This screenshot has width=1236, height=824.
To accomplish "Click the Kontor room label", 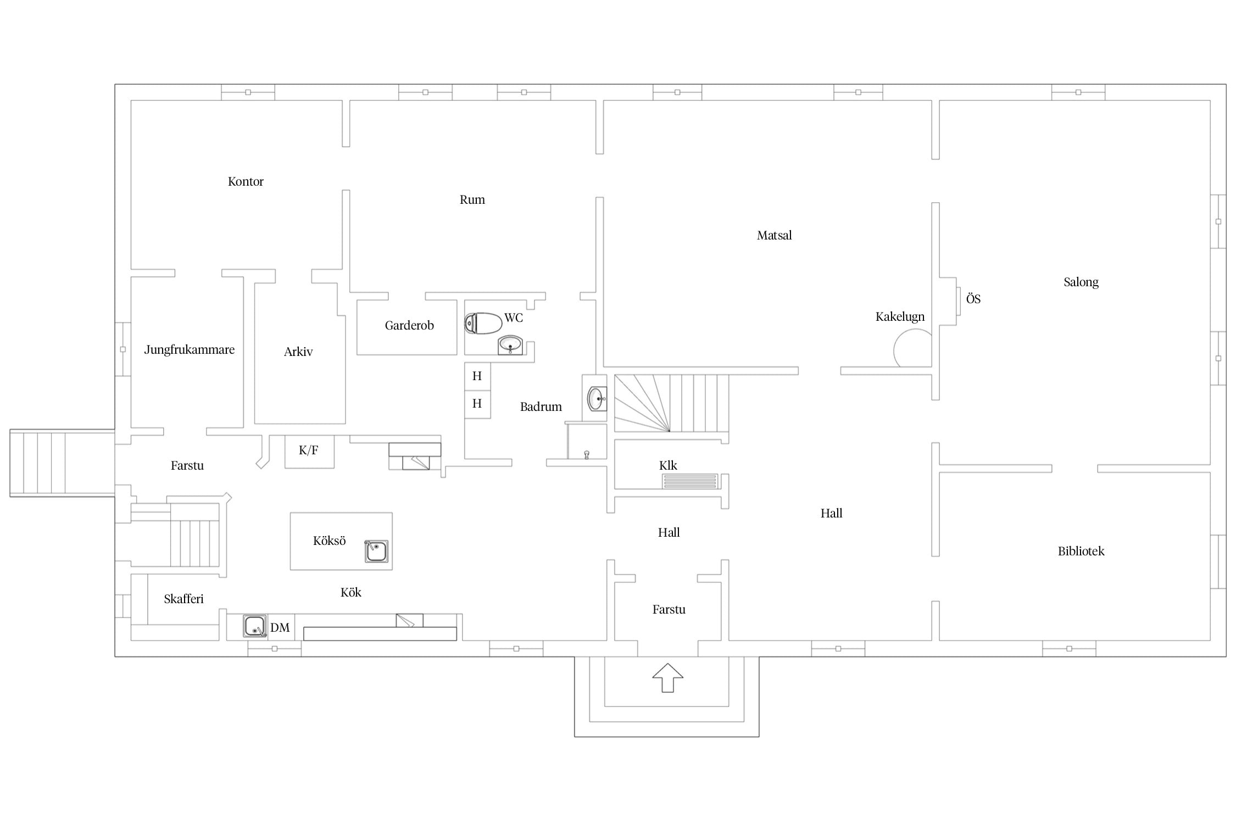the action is point(246,181).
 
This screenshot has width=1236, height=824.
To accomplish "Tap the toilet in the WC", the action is point(483,323).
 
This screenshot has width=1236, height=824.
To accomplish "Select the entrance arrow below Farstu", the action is point(667,677).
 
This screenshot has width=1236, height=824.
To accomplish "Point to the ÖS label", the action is point(973,299).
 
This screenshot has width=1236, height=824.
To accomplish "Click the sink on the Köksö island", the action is point(376,552).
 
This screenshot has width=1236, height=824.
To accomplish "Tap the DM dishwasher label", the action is point(280,627).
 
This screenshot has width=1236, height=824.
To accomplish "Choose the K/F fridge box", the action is point(309,452).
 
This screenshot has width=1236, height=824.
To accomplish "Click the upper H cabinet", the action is point(477,376).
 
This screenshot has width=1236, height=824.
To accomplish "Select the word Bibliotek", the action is point(1081,551).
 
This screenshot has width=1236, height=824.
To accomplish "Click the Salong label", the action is point(1081,282).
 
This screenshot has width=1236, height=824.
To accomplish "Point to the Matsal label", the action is point(774,235).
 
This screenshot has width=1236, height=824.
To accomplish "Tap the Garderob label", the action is point(409,325).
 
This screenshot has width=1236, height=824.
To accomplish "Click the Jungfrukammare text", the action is point(189,350).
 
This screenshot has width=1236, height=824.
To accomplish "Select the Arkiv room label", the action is point(298,352).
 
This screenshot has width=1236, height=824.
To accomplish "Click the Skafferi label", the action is point(183,599).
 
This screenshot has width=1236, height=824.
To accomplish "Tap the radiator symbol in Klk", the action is point(690,481).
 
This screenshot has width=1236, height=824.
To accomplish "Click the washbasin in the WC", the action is point(510,345).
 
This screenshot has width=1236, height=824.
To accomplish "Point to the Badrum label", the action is point(541,407).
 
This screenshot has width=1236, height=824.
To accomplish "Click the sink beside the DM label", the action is point(255,626).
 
